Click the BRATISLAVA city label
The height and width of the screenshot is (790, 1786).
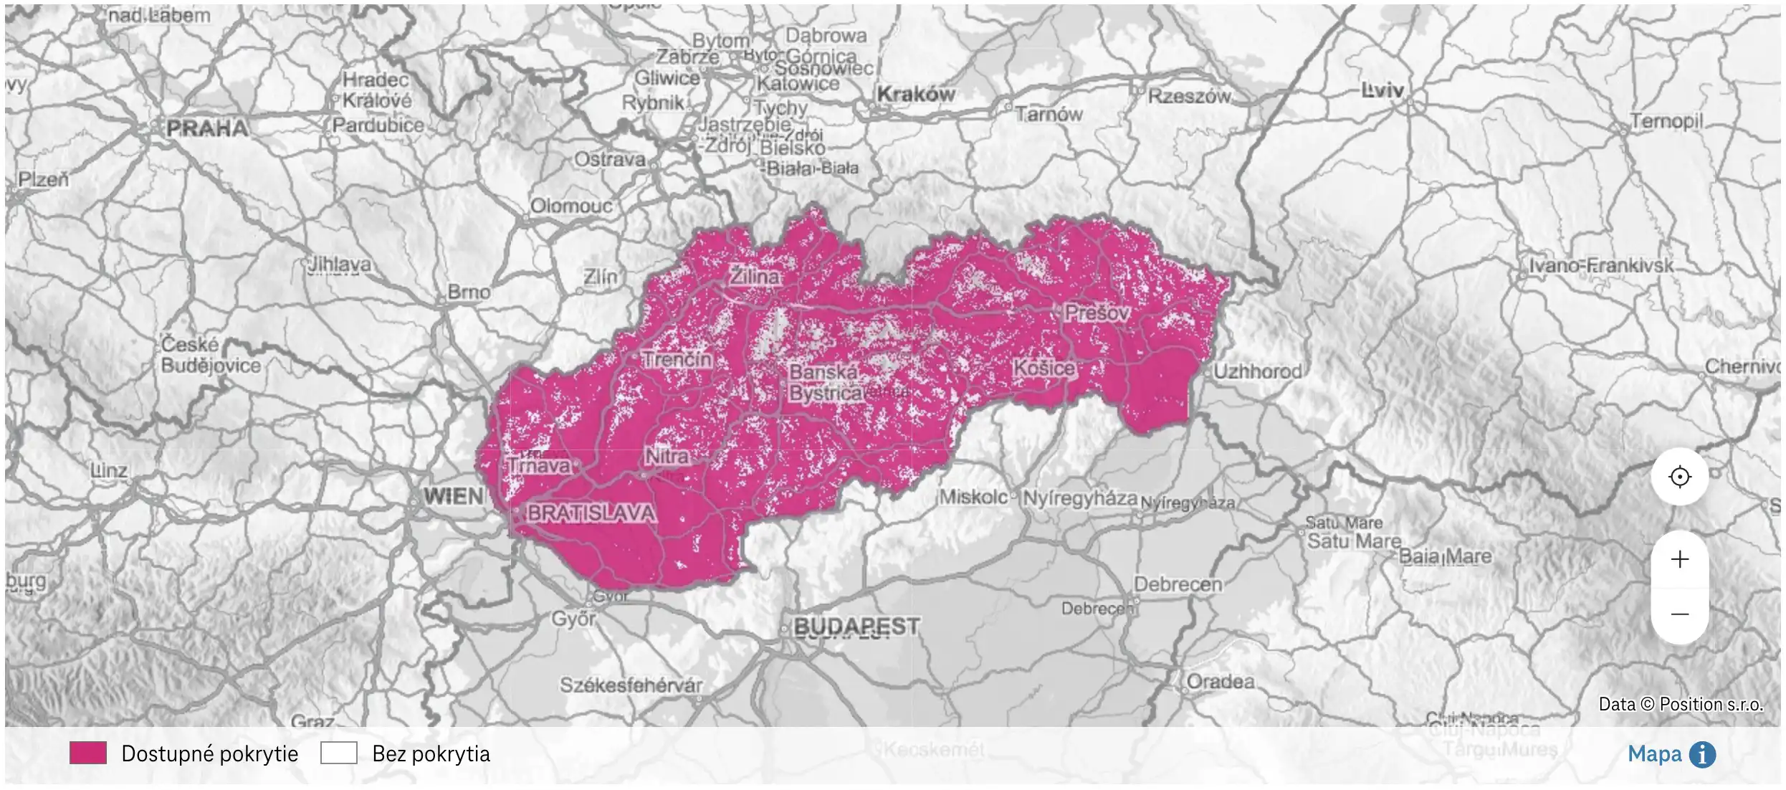[x=591, y=513]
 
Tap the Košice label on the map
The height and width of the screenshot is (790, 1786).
[x=1044, y=368]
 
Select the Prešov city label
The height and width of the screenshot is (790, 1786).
[x=1097, y=313]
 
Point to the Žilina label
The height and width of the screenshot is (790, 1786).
[x=755, y=276]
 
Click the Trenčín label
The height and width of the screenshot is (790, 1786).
[x=677, y=359]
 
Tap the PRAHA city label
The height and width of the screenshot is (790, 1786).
[x=207, y=129]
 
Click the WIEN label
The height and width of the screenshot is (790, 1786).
[x=453, y=496]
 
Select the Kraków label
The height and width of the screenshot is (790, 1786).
[x=916, y=94]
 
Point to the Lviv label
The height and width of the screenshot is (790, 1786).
[x=1383, y=90]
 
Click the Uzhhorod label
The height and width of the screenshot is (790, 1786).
[x=1257, y=371]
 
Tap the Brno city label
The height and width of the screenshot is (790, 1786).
[x=469, y=292]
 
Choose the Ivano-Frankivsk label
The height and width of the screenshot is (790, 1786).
[x=1601, y=266]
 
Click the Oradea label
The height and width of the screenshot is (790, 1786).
[x=1221, y=681]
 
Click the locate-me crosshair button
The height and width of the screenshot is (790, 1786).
[x=1679, y=477]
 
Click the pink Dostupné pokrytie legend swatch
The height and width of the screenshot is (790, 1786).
[x=88, y=753]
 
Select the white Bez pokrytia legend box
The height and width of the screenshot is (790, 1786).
[x=338, y=753]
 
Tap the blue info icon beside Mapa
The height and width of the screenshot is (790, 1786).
[x=1702, y=754]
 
